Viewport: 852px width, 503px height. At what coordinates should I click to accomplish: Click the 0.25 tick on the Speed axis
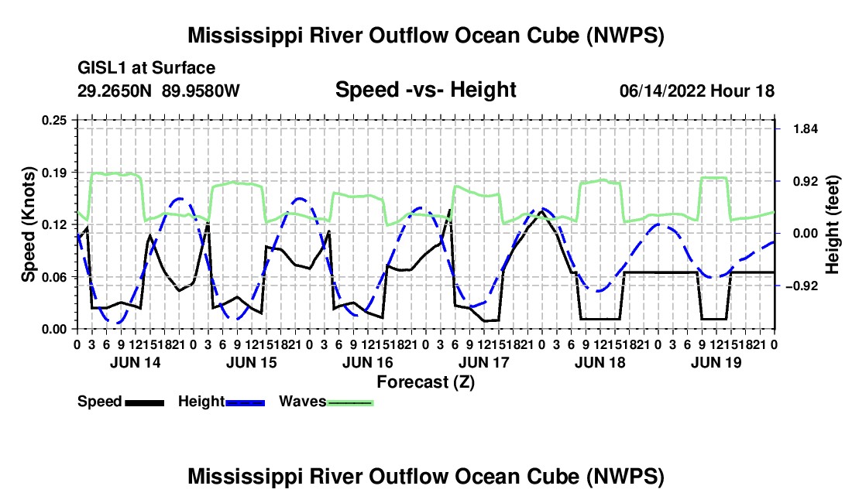(x=54, y=120)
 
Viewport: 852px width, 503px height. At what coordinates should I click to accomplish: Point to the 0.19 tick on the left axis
(x=54, y=173)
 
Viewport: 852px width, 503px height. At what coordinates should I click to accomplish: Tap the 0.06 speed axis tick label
(x=54, y=277)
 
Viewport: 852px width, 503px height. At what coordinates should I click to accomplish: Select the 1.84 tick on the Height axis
(x=806, y=128)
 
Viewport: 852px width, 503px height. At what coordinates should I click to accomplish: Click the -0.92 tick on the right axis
(x=802, y=286)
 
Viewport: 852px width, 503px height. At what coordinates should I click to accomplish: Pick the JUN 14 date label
(x=136, y=362)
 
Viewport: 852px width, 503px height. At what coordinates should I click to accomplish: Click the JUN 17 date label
(x=484, y=362)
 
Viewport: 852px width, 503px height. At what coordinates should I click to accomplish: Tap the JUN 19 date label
(x=716, y=362)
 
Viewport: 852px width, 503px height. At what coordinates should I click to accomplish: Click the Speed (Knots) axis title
(x=28, y=224)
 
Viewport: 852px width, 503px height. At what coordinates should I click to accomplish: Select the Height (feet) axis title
(x=832, y=224)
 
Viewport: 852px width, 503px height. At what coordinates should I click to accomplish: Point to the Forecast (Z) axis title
(x=426, y=382)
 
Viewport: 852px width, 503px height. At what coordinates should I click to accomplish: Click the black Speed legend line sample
(x=145, y=402)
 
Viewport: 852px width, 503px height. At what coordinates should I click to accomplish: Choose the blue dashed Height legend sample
(x=246, y=402)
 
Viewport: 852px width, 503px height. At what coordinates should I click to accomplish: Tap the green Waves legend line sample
(x=350, y=402)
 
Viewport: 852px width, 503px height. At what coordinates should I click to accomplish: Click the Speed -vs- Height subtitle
(x=425, y=90)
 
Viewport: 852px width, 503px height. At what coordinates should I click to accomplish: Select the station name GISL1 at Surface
(x=146, y=68)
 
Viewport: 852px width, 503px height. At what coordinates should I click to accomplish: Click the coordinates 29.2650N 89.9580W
(x=158, y=91)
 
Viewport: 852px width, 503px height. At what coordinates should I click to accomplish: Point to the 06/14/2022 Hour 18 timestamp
(x=697, y=91)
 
